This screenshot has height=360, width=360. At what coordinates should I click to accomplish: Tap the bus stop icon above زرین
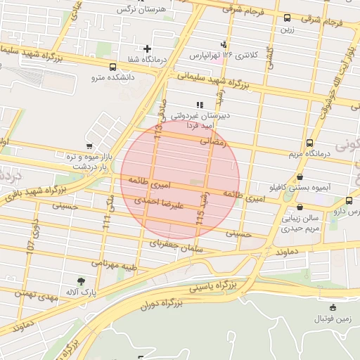click(x=287, y=18)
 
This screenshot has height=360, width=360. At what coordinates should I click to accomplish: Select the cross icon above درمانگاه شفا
click(x=147, y=49)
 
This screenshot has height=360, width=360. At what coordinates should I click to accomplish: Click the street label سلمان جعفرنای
click(x=176, y=245)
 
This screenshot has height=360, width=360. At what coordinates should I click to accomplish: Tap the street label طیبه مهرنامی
click(x=110, y=269)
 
